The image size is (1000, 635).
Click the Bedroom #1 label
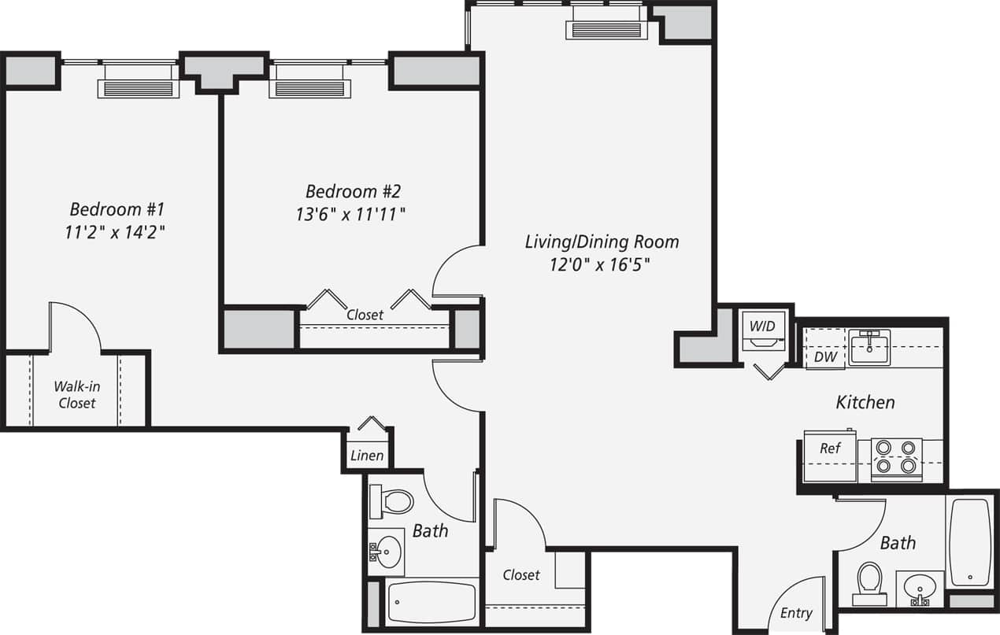pos(117,209)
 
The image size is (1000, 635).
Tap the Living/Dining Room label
pos(602,242)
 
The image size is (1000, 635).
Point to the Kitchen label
pos(865,402)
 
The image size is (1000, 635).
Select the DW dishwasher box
pos(824,356)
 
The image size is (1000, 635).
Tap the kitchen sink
pos(869,347)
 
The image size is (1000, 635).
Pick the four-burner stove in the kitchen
pos(897,456)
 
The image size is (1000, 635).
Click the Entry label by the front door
pos(796,613)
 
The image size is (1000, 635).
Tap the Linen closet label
pos(367,456)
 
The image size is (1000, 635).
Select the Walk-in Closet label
pos(76,394)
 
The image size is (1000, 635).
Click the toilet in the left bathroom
pos(393,501)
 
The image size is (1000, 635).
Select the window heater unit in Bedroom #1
pos(138,88)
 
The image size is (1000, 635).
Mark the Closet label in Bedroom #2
pos(365,315)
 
